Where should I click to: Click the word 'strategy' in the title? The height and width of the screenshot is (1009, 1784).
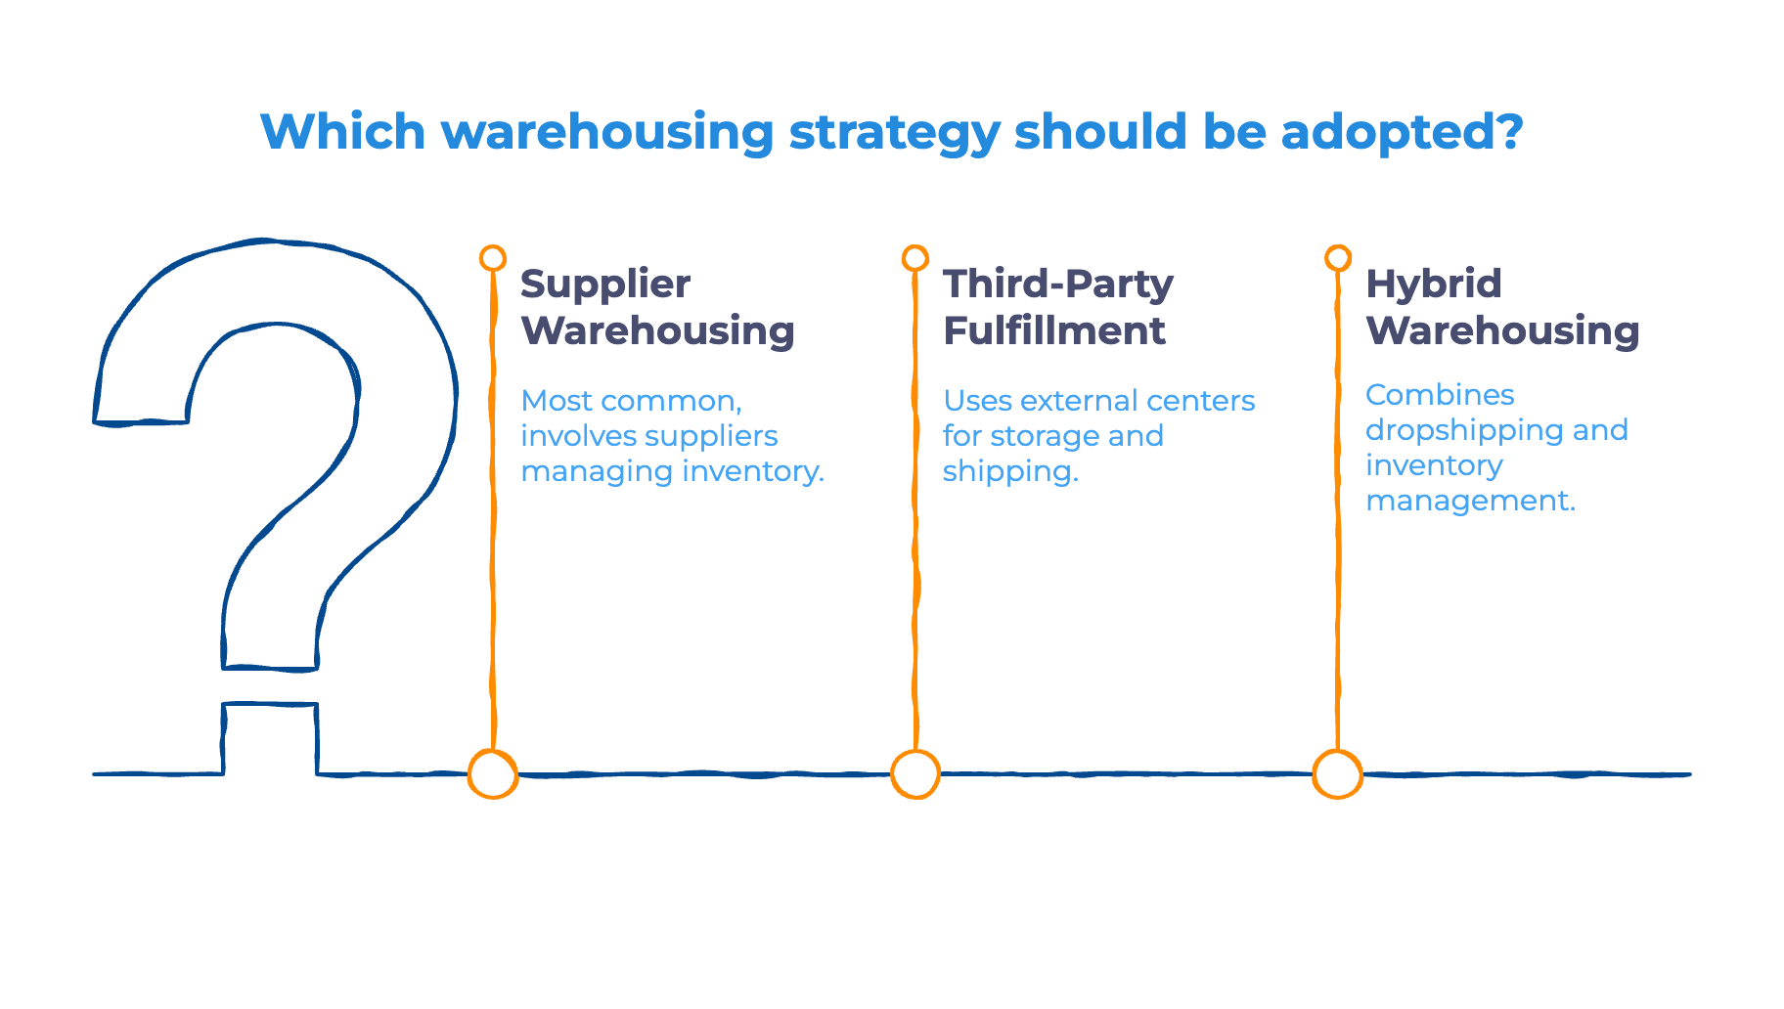[x=894, y=133]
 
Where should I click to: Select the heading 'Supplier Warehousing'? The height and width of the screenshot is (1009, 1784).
[x=657, y=307]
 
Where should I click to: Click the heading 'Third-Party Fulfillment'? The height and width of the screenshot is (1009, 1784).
[x=1056, y=307]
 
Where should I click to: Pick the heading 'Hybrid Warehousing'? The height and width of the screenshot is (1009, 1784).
[x=1502, y=307]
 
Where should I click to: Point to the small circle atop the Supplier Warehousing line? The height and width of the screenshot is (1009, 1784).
[x=493, y=258]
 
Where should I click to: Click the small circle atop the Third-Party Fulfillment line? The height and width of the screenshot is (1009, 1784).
[x=915, y=258]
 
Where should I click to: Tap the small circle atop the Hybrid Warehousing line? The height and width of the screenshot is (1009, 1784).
[x=1338, y=258]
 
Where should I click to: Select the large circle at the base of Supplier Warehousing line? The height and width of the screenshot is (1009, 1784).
[x=493, y=774]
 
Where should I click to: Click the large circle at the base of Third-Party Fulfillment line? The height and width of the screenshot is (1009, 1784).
[x=915, y=774]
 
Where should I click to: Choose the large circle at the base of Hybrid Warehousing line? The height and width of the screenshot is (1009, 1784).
[x=1337, y=774]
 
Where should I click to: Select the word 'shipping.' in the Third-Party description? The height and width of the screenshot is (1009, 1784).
[x=1009, y=471]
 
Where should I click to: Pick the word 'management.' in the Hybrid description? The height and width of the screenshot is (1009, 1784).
[x=1470, y=501]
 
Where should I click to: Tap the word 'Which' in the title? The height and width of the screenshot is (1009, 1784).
[x=343, y=131]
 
